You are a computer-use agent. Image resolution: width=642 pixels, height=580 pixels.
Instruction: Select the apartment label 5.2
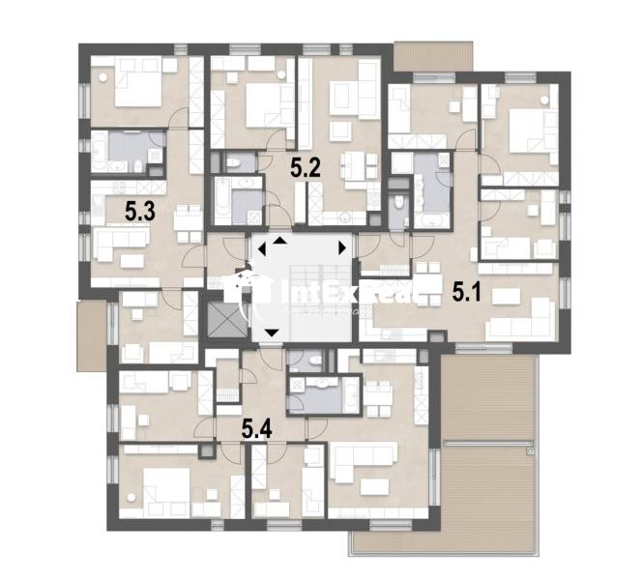[x=306, y=167]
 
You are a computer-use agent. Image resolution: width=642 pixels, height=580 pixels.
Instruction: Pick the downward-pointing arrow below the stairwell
[x=272, y=334]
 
